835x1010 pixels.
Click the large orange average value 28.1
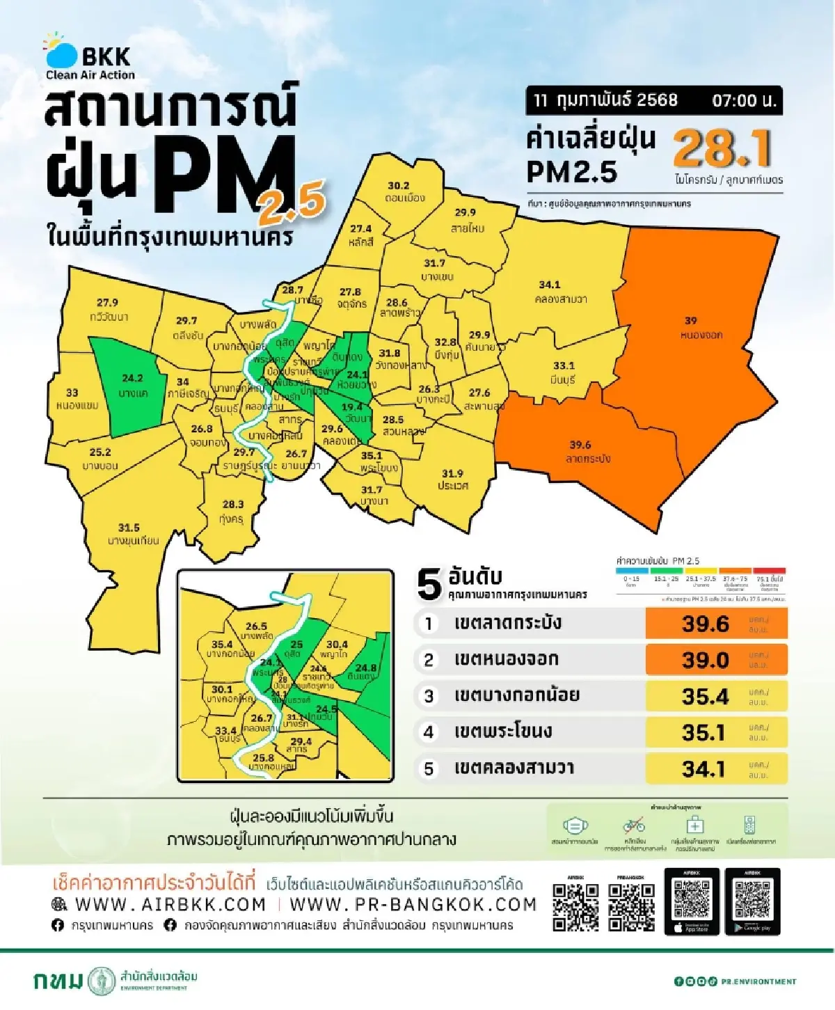coord(722,148)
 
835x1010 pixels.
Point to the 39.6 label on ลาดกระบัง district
coord(582,451)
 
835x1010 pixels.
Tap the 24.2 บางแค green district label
coord(132,385)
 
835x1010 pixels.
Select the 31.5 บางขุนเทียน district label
coord(132,534)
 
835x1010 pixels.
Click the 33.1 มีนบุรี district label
coord(564,372)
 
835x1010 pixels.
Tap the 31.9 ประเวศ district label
coord(452,480)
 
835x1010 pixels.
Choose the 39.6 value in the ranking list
coord(705,624)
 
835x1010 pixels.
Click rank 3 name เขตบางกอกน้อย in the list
coord(516,695)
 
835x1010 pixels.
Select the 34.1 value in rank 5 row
coord(703,769)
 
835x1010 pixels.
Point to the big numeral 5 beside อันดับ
coord(429,585)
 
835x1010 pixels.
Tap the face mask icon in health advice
coord(575,826)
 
